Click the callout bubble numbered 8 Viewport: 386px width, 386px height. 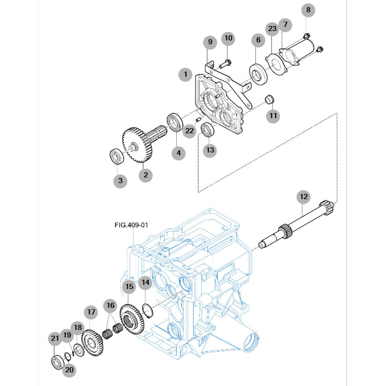pyautogui.click(x=308, y=10)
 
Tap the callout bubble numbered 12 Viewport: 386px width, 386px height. pyautogui.click(x=304, y=197)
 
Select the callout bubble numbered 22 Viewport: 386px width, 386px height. pyautogui.click(x=189, y=131)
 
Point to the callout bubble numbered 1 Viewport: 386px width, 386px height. pyautogui.click(x=185, y=74)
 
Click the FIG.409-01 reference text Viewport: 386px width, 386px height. pyautogui.click(x=131, y=225)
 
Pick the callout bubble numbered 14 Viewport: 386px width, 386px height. pyautogui.click(x=146, y=282)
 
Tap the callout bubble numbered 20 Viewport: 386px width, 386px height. pyautogui.click(x=69, y=370)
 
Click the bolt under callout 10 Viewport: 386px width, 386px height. pyautogui.click(x=225, y=64)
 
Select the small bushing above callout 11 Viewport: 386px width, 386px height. pyautogui.click(x=269, y=98)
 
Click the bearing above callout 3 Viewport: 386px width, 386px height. pyautogui.click(x=117, y=156)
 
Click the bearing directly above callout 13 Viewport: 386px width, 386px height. pyautogui.click(x=208, y=129)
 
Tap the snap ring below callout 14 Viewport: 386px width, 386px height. pyautogui.click(x=148, y=311)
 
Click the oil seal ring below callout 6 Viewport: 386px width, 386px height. pyautogui.click(x=258, y=74)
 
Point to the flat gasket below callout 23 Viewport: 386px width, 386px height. pyautogui.click(x=276, y=65)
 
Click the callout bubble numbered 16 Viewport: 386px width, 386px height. pyautogui.click(x=110, y=306)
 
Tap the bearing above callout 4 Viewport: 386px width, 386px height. pyautogui.click(x=175, y=122)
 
